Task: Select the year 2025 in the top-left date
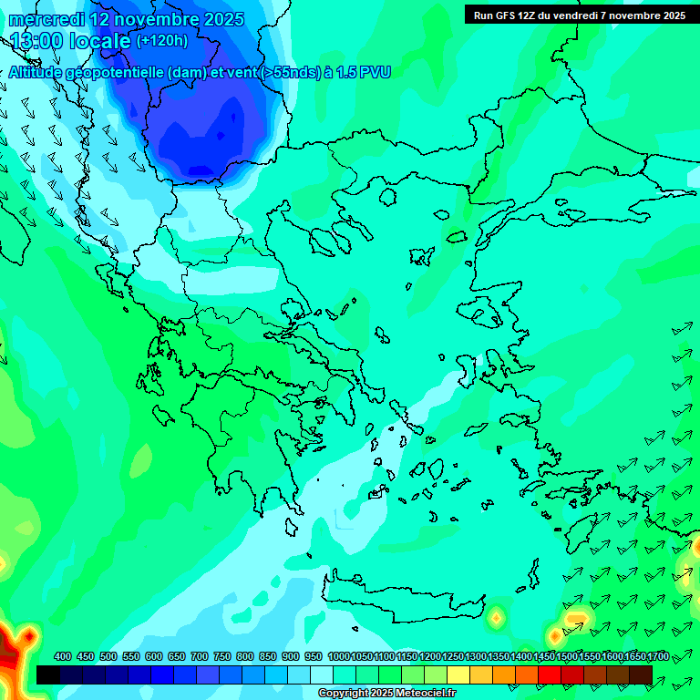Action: [x=218, y=19]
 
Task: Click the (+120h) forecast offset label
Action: [x=161, y=40]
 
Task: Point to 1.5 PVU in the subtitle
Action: [x=364, y=72]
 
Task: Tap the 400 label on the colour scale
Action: [x=63, y=656]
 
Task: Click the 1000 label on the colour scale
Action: [x=338, y=656]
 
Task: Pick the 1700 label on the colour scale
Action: [x=658, y=656]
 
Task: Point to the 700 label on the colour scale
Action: [x=200, y=656]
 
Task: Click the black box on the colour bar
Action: [x=48, y=674]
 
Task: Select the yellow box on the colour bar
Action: [x=458, y=674]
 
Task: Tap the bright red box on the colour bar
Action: [x=550, y=674]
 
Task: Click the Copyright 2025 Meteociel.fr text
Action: [x=386, y=693]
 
